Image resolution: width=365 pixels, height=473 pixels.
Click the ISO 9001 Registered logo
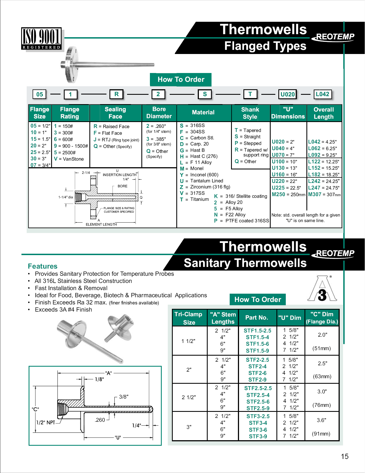click(x=42, y=39)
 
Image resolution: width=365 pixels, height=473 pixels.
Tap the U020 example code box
click(x=287, y=94)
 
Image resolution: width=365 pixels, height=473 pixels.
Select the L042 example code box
click(x=322, y=94)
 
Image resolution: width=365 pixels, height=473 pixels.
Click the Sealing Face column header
click(x=115, y=113)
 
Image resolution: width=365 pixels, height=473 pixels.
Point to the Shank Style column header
click(x=250, y=113)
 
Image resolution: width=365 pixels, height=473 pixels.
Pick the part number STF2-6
click(x=257, y=373)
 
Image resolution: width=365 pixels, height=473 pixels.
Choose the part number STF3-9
click(x=258, y=436)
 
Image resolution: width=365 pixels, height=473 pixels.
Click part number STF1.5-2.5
click(x=257, y=331)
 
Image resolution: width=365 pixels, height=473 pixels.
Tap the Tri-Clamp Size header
click(x=189, y=318)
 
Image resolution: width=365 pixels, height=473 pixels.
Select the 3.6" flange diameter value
click(x=321, y=420)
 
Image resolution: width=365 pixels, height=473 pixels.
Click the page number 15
click(x=344, y=456)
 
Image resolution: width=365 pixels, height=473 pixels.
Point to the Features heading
click(x=43, y=266)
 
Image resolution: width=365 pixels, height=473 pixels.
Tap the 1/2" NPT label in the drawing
click(x=46, y=422)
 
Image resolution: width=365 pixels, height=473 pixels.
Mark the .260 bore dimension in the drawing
click(x=100, y=420)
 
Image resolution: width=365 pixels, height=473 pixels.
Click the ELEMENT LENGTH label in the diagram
click(x=101, y=225)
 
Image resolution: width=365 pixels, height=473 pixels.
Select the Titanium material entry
click(x=199, y=199)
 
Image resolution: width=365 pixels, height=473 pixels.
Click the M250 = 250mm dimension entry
click(x=288, y=194)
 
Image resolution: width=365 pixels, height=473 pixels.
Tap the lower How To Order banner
click(x=257, y=299)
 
